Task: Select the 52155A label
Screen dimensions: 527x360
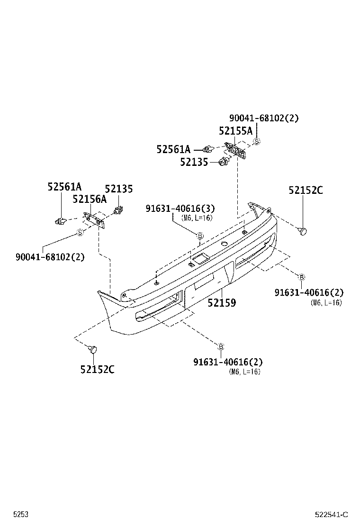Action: [235, 131]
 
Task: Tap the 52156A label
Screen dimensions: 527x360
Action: [90, 200]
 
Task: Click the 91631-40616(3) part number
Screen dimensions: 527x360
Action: [180, 209]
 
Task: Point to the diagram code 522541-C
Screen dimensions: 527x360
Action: [332, 515]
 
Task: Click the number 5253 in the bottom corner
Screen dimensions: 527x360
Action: [21, 515]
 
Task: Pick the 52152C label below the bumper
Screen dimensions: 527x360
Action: [97, 370]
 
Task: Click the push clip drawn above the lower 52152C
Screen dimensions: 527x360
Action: [93, 350]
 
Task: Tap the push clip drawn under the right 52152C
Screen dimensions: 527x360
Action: [302, 231]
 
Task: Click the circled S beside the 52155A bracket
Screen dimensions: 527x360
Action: [257, 141]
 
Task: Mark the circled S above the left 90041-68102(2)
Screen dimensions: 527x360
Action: [80, 232]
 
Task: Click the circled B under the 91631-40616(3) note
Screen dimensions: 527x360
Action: [200, 236]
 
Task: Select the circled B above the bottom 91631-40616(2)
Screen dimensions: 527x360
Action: [221, 345]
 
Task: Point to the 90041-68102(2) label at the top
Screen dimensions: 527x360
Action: [264, 118]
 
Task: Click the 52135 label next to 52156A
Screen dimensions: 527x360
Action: [118, 189]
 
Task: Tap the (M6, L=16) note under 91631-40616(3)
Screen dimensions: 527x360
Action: [197, 218]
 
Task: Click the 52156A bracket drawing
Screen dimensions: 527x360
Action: [93, 219]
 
